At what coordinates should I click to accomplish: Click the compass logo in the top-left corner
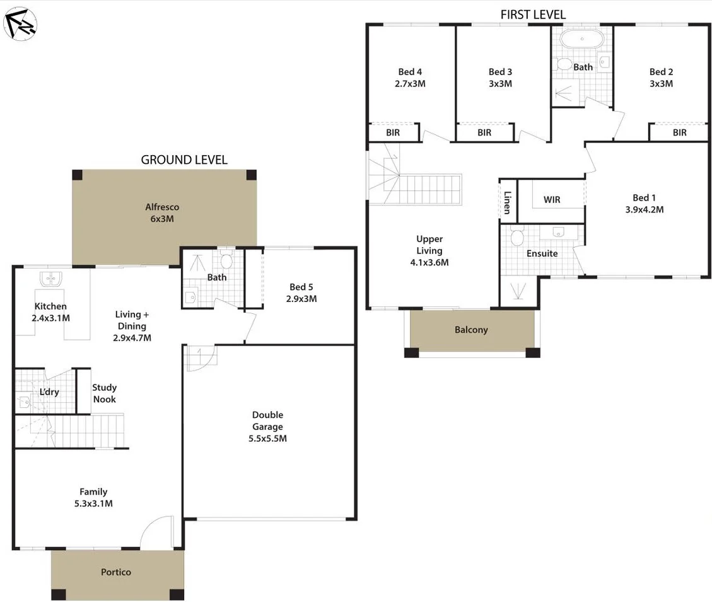point(20,23)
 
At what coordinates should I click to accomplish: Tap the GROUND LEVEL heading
point(184,159)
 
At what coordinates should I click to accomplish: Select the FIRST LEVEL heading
point(533,14)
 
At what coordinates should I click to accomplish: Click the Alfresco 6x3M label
point(163,213)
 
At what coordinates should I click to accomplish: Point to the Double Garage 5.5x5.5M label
point(268,427)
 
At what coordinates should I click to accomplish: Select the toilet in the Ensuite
point(518,237)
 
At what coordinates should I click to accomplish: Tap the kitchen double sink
point(49,279)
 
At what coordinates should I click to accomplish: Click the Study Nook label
point(104,393)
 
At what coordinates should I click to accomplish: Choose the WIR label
point(552,200)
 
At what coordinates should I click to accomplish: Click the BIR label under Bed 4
point(393,133)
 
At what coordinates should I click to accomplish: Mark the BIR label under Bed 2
point(679,133)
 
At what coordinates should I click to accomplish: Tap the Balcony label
point(471,330)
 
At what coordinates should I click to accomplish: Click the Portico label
point(116,572)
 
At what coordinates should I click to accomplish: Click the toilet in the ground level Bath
point(226,260)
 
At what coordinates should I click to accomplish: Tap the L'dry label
point(49,392)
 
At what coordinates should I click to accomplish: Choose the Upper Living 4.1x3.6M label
point(429,251)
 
